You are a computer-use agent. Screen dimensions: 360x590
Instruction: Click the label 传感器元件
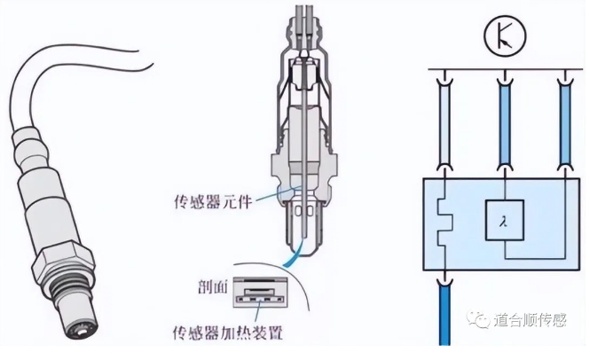pyautogui.click(x=213, y=200)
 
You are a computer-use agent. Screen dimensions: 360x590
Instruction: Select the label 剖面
pyautogui.click(x=210, y=289)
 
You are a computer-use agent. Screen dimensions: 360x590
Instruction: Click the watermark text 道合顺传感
pyautogui.click(x=529, y=321)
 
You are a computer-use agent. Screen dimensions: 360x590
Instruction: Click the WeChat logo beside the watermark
pyautogui.click(x=481, y=320)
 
